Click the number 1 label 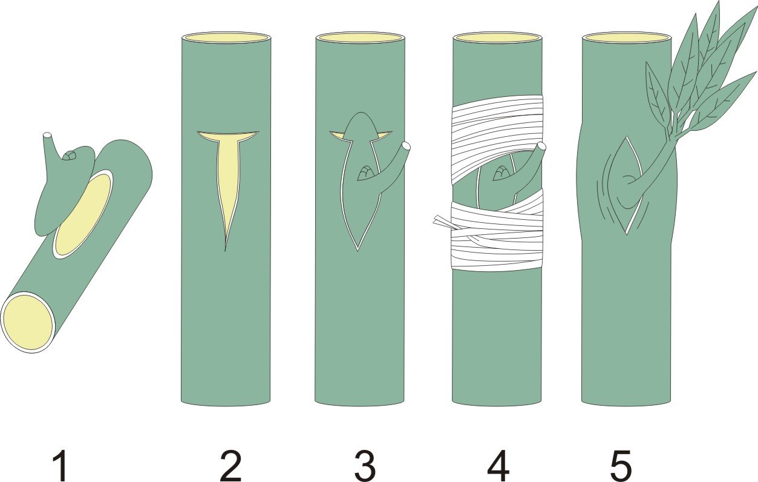coord(61,465)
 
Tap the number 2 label coord(230,465)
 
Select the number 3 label coord(365,465)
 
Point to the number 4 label coord(498,465)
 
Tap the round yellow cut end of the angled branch coord(28,322)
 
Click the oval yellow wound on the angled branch coord(83,215)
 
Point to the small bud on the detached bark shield coord(70,156)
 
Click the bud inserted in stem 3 coord(366,173)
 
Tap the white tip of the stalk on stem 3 coord(406,147)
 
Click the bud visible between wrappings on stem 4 coord(502,173)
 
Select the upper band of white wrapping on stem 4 coord(497,136)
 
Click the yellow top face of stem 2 coord(226,38)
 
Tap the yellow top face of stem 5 coord(626,38)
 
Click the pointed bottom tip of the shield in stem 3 coord(358,251)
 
